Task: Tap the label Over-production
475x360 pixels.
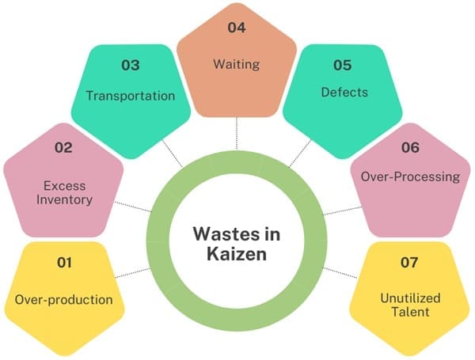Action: (64, 300)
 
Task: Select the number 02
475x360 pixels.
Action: (63, 146)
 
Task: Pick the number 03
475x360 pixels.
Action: (131, 64)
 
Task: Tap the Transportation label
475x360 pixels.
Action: (131, 96)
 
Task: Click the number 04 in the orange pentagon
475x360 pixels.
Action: (237, 28)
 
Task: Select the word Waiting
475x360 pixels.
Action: (237, 63)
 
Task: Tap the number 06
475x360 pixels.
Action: (412, 146)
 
